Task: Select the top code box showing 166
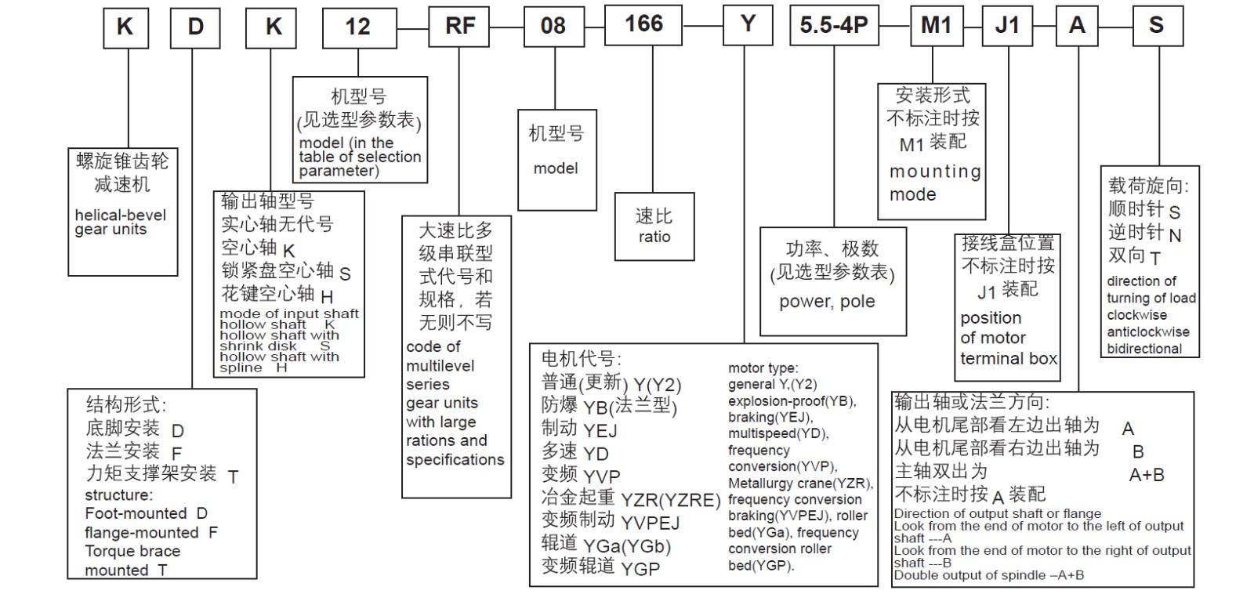pos(643,24)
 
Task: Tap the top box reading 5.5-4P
pos(834,26)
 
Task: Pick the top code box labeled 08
pos(553,27)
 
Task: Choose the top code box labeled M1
pos(935,26)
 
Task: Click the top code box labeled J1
pos(1006,26)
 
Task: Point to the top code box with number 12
pos(358,27)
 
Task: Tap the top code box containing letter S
pos(1156,26)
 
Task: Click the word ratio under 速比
pos(654,237)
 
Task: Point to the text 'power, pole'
pos(827,302)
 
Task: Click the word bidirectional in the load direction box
pos(1144,349)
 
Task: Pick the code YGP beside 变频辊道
pos(640,568)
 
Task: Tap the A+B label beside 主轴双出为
pos(1146,475)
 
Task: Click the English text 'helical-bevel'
pos(121,216)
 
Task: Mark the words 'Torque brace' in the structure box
pos(132,551)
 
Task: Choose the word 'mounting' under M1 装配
pos(935,172)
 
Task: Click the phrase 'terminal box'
pos(1009,359)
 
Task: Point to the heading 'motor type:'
pos(763,368)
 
